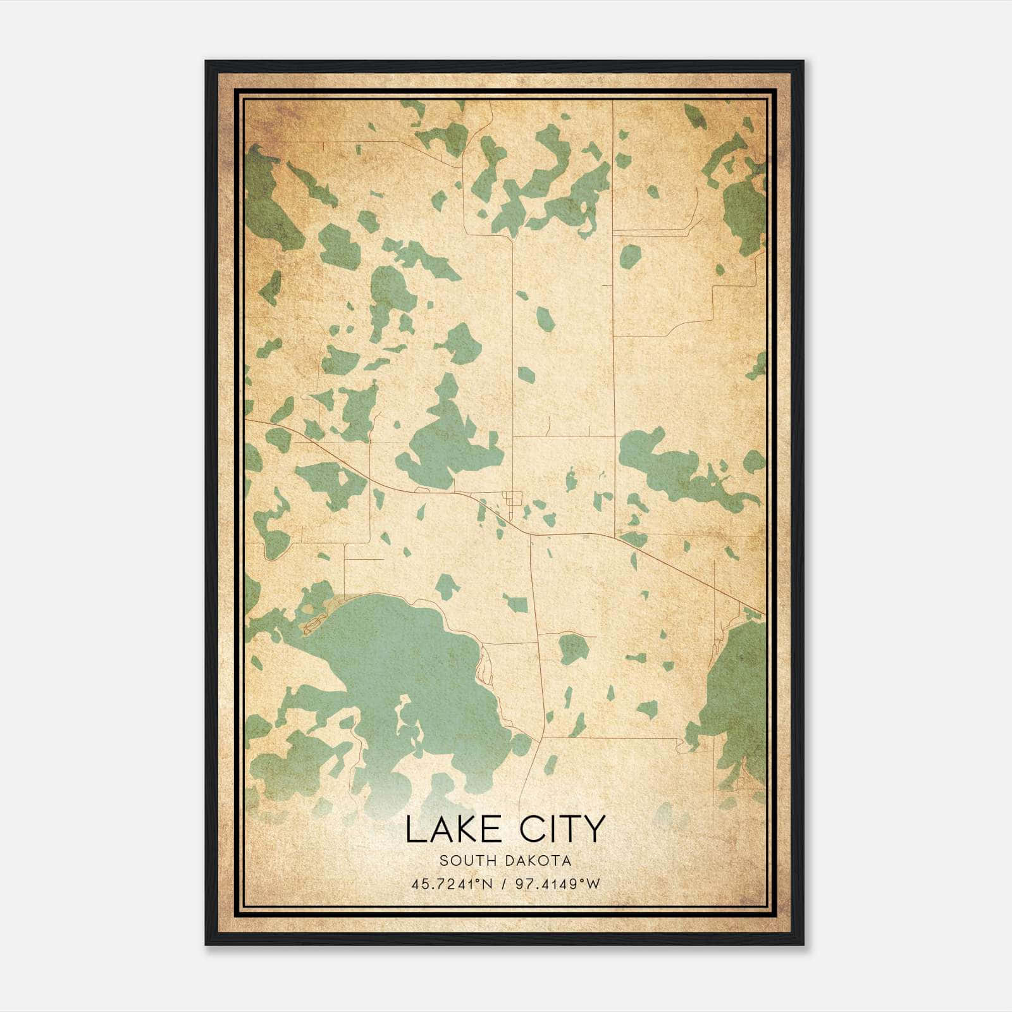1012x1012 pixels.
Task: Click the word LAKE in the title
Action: click(x=454, y=829)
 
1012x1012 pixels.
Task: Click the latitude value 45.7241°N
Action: click(x=451, y=884)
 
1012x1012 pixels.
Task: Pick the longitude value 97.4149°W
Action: click(x=557, y=884)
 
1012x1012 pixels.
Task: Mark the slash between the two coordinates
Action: click(x=504, y=884)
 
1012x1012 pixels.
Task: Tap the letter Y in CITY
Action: click(x=593, y=829)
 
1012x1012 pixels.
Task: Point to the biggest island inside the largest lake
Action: click(x=405, y=721)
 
